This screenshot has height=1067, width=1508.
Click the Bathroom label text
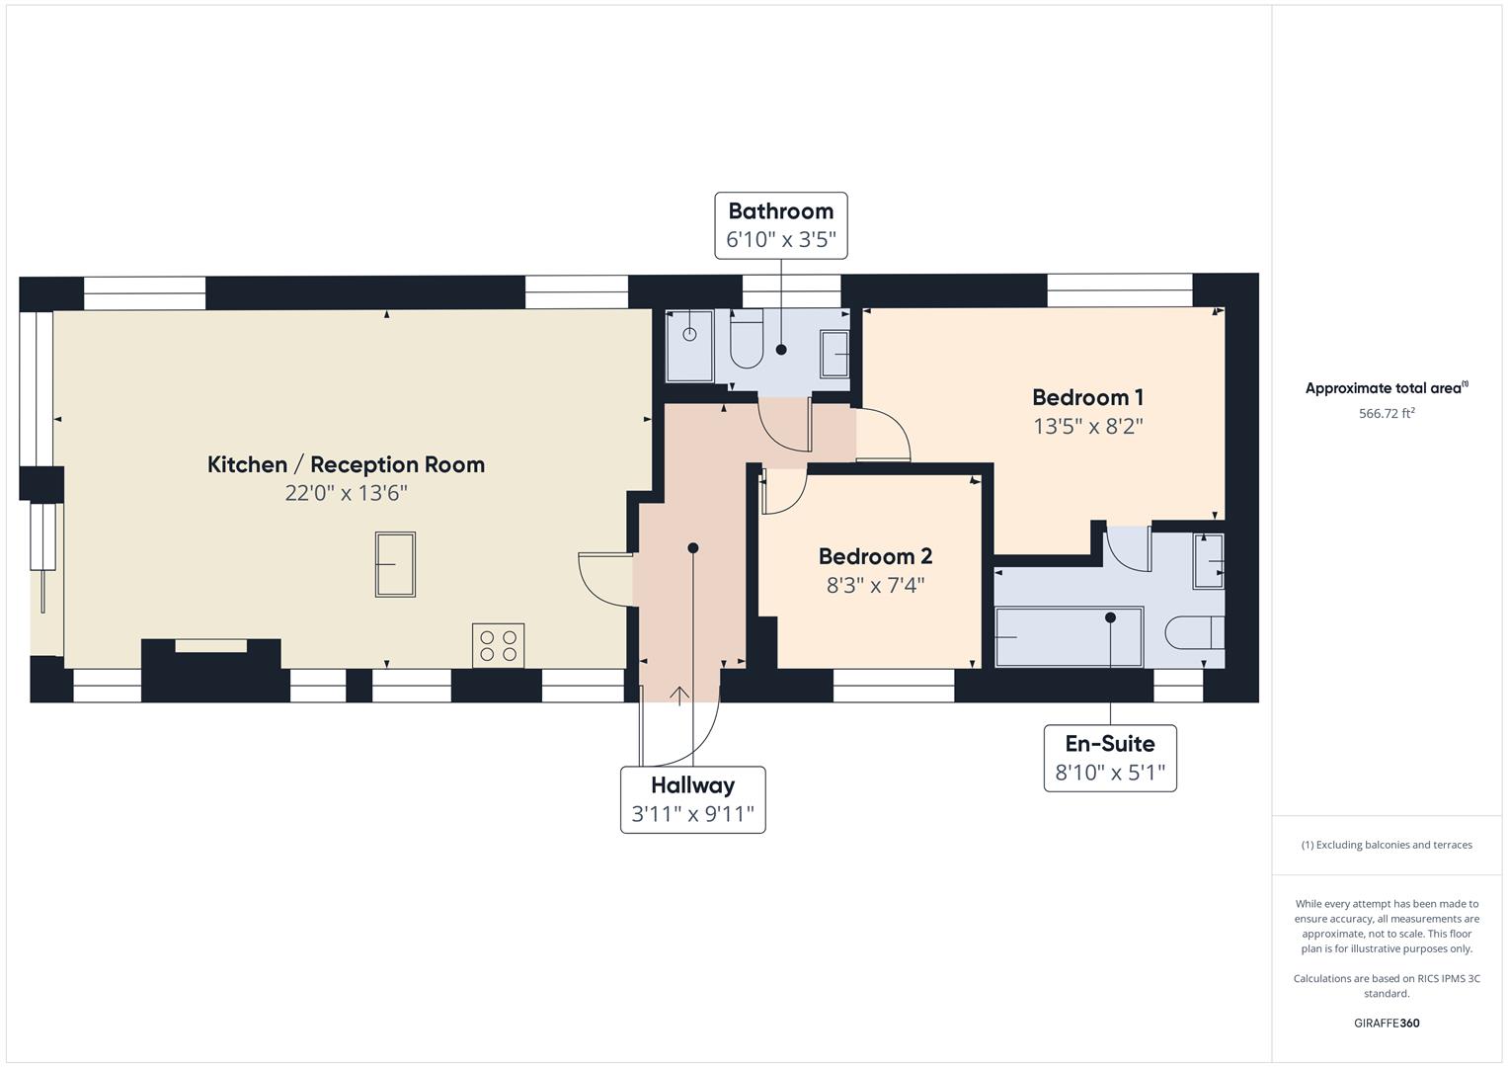pyautogui.click(x=780, y=210)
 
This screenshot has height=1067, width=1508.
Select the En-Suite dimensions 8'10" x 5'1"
pyautogui.click(x=1110, y=773)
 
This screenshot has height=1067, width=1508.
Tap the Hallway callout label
pyautogui.click(x=692, y=785)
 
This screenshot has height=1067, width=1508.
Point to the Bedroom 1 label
pyautogui.click(x=1087, y=397)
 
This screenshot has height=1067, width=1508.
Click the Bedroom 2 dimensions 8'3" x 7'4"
pyautogui.click(x=875, y=585)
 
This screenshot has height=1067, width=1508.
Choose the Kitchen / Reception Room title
pyautogui.click(x=346, y=464)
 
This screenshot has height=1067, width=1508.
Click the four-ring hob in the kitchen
pyautogui.click(x=498, y=645)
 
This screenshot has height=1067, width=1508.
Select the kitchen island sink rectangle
pyautogui.click(x=395, y=564)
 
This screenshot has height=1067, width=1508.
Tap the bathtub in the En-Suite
pyautogui.click(x=1069, y=637)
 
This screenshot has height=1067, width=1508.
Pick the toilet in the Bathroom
pyautogui.click(x=747, y=340)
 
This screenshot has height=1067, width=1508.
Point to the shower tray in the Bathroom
pyautogui.click(x=689, y=345)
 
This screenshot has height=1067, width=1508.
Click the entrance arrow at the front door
pyautogui.click(x=679, y=695)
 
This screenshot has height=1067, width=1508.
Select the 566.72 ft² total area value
pyautogui.click(x=1386, y=414)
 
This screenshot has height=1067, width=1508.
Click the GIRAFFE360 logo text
pyautogui.click(x=1386, y=1023)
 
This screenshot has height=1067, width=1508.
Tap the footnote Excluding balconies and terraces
pyautogui.click(x=1386, y=845)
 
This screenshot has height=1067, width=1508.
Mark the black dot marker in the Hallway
pyautogui.click(x=693, y=548)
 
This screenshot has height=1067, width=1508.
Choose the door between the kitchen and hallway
pyautogui.click(x=604, y=580)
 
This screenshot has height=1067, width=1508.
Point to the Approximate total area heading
pyautogui.click(x=1386, y=388)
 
